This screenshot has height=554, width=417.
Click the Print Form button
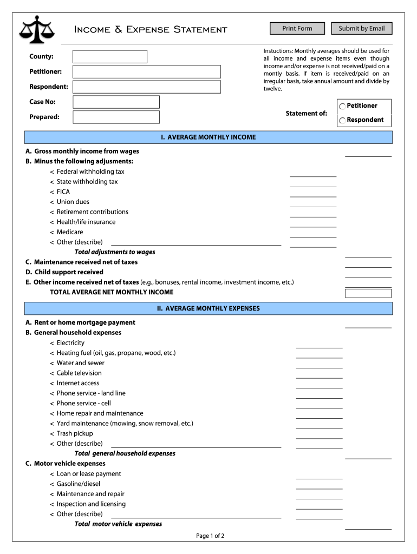297,28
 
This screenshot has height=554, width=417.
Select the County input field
110,57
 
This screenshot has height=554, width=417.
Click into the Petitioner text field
147,72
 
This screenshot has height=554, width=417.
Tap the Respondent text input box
147,87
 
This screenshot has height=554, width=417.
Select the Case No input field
116,102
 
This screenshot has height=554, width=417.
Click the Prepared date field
116,117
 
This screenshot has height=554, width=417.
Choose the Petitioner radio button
342,106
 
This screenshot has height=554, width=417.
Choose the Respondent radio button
342,120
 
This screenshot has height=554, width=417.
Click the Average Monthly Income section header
208,137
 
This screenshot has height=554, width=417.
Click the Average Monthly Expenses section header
208,308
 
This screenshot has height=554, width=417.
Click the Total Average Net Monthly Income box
368,293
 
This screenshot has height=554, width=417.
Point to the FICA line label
63,192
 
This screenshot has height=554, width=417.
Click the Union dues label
73,202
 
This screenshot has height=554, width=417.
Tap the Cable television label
79,373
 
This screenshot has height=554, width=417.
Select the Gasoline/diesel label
79,484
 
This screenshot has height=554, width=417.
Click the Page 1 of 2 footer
210,536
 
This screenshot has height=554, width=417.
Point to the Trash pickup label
75,433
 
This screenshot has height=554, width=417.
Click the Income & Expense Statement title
151,29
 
